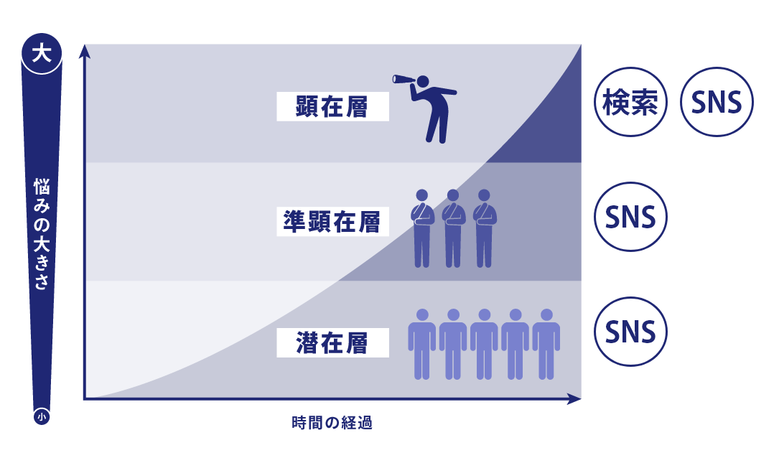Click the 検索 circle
[x=632, y=103]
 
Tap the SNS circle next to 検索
[x=716, y=103]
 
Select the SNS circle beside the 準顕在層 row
[x=632, y=217]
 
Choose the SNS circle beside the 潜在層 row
[x=632, y=332]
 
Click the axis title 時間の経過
[x=332, y=423]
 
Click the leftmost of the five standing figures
[x=422, y=343]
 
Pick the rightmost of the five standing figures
[x=546, y=343]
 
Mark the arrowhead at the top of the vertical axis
[x=85, y=50]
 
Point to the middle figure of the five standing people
[x=485, y=343]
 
